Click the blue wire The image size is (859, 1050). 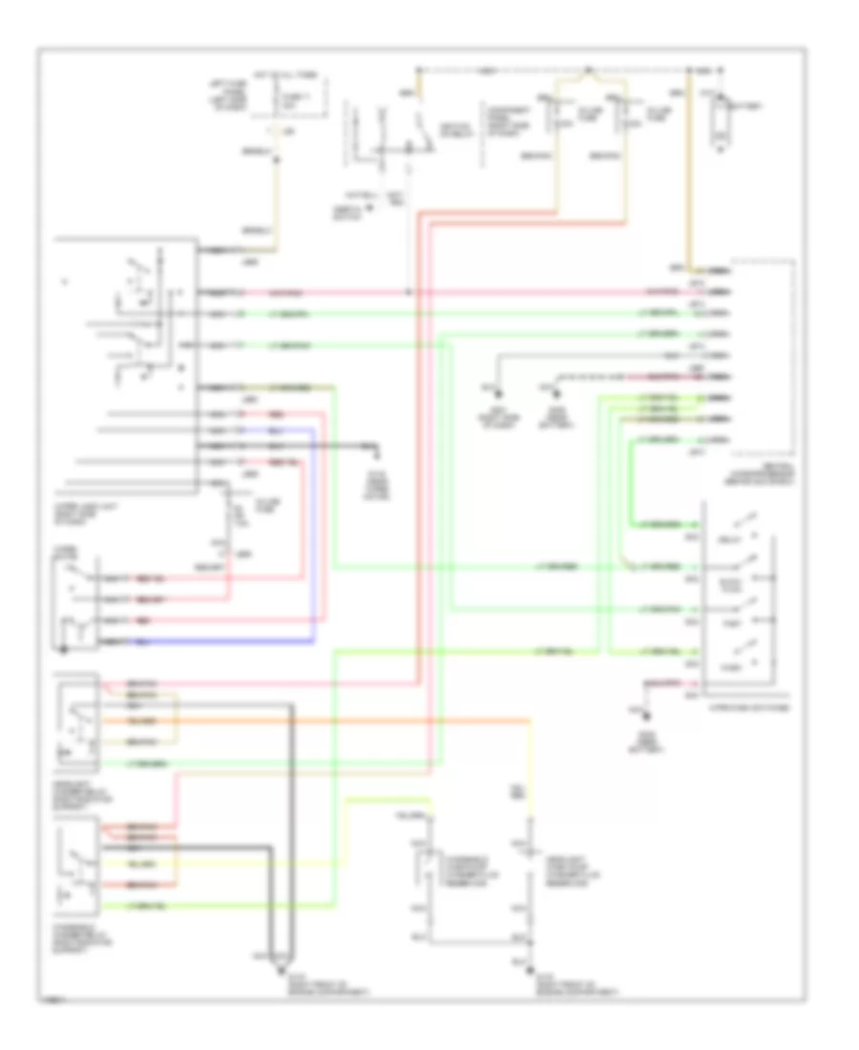[316, 535]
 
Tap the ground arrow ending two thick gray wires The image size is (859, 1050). [281, 966]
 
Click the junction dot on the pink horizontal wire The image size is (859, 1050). [409, 290]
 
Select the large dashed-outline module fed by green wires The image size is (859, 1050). [762, 353]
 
